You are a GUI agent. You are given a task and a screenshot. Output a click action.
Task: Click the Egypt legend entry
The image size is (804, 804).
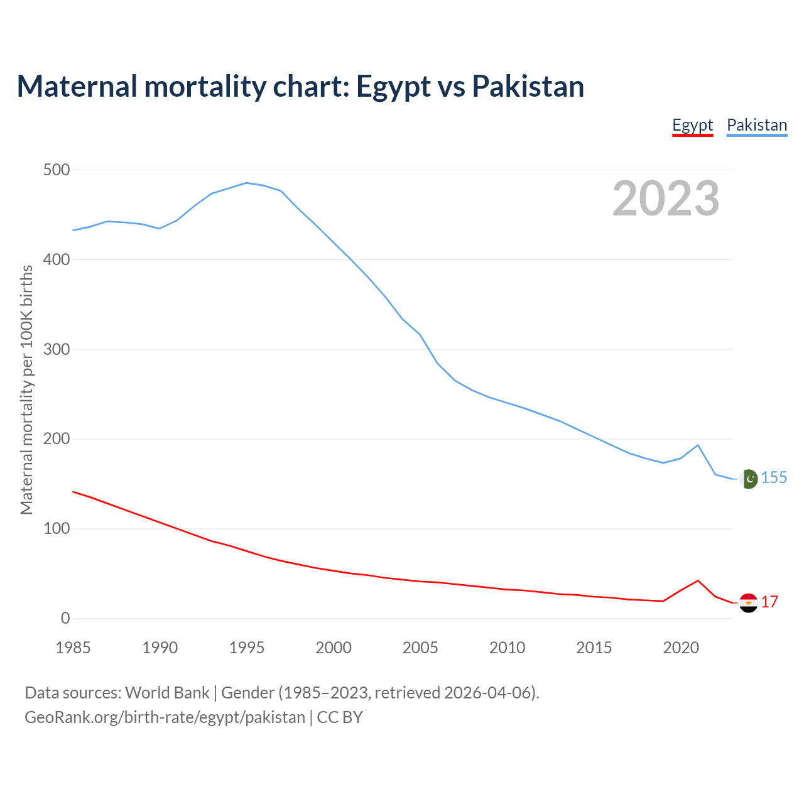coord(692,125)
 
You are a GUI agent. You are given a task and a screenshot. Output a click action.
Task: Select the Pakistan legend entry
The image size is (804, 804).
coord(756,125)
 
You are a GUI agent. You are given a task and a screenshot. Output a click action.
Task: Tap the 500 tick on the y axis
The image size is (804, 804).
coord(57,170)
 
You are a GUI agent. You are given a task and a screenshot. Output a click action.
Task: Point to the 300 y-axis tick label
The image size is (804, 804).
coord(57,349)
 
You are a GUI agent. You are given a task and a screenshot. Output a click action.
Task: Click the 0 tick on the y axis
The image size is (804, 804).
coord(65,618)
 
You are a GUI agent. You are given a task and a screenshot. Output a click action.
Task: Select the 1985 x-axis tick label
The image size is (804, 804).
coord(73,648)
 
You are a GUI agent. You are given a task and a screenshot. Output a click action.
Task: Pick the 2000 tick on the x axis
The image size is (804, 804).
coord(334,648)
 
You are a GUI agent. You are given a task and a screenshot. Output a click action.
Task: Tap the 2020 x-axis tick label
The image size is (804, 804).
coord(681,648)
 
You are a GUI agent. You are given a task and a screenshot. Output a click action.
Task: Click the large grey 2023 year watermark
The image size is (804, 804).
coord(666,198)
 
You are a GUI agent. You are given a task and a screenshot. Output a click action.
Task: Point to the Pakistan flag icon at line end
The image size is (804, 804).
coord(748,479)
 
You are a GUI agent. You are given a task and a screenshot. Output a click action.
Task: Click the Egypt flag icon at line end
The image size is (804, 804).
coord(748,603)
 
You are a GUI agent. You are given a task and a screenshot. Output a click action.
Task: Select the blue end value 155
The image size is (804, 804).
coord(774,478)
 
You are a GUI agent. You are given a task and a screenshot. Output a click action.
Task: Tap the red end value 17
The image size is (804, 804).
coord(769,602)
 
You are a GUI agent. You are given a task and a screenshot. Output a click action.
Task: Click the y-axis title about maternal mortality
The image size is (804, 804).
coord(26,389)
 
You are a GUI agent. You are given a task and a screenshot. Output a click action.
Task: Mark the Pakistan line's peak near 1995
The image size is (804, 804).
coord(246,183)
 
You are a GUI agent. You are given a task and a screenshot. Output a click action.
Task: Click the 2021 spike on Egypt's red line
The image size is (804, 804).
coord(698,580)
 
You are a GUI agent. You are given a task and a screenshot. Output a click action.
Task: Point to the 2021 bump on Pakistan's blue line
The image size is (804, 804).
coord(698,445)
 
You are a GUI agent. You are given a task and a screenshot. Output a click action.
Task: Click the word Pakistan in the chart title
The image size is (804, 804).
coord(528,86)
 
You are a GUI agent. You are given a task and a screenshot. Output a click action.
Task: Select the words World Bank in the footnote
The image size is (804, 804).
coord(167,693)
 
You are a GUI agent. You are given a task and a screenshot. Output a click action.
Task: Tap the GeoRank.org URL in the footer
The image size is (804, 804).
coord(165,717)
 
